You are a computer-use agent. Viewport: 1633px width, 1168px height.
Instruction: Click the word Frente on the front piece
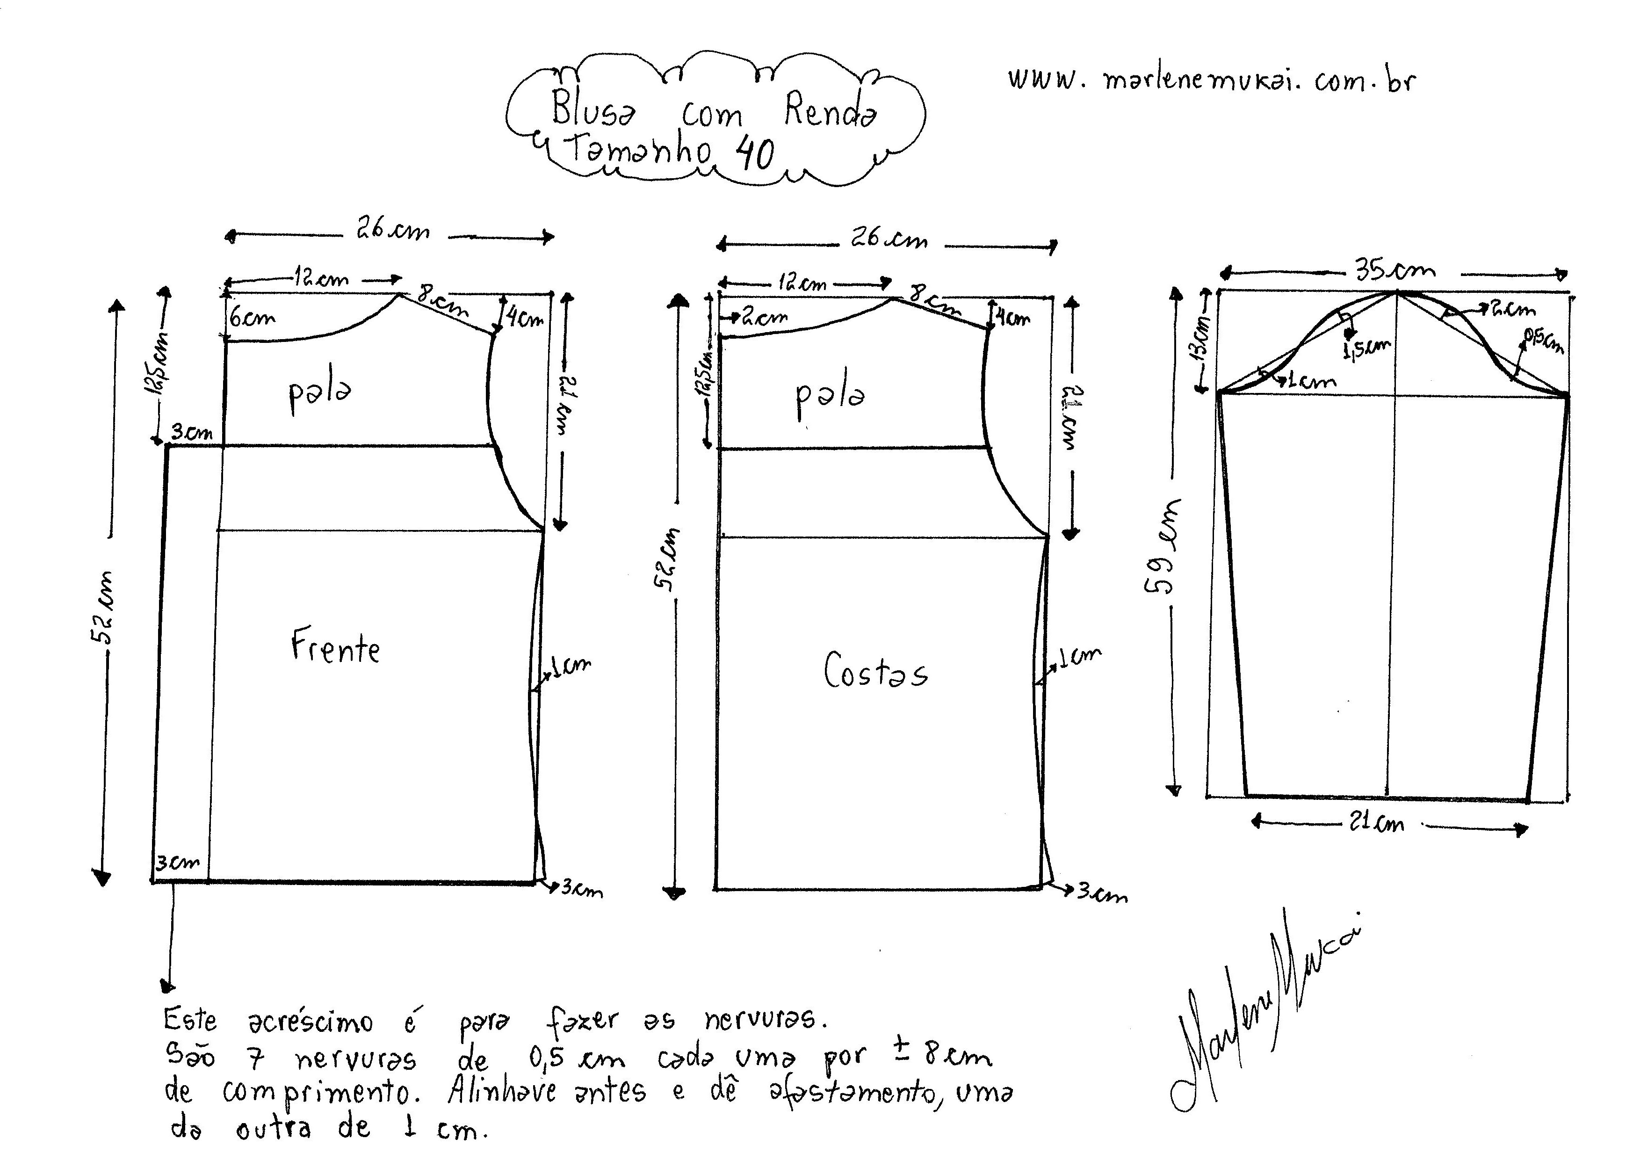point(335,647)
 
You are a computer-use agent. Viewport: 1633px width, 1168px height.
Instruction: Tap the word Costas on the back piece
point(875,671)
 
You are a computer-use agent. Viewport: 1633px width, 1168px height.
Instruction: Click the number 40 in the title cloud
point(755,153)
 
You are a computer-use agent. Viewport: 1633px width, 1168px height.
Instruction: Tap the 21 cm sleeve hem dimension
point(1376,823)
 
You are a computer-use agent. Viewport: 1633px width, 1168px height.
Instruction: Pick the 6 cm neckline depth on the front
point(252,317)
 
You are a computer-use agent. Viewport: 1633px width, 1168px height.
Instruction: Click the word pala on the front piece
point(320,394)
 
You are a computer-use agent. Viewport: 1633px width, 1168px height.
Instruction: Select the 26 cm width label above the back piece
point(889,239)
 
